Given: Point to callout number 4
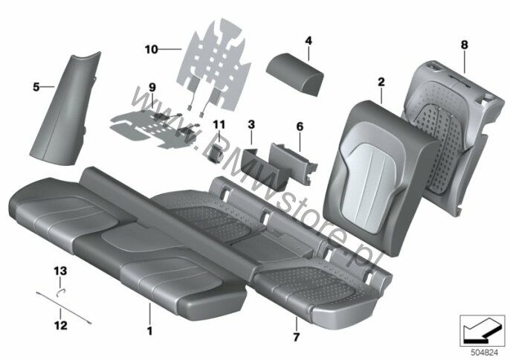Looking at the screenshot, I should pos(309,40).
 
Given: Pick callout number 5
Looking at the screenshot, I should pos(35,87).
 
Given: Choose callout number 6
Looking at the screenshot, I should pos(300,126).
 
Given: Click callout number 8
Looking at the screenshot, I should pos(464,45).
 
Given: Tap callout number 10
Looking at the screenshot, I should pos(152,49).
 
